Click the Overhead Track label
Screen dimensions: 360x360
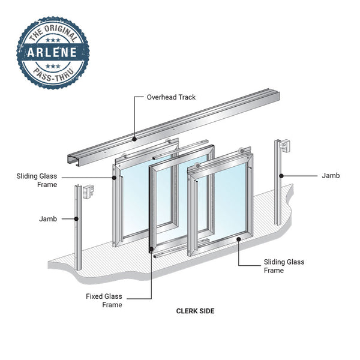tap(171, 97)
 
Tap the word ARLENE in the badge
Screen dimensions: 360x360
tap(52, 52)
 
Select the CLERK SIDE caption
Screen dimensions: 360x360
tap(195, 311)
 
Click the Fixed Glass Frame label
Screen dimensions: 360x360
tap(104, 301)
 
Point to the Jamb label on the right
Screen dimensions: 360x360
tap(331, 176)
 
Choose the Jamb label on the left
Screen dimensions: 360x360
tap(48, 219)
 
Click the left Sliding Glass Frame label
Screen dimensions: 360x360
tap(37, 180)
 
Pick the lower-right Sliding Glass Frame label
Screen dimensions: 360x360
tap(284, 266)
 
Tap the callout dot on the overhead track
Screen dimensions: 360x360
tap(134, 139)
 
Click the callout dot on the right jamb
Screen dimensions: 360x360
tap(281, 176)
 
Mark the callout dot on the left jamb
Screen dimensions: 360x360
tap(76, 219)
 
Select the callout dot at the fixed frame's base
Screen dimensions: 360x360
tap(151, 248)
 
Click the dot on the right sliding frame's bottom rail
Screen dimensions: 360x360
tap(239, 239)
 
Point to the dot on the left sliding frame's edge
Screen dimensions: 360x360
tap(114, 178)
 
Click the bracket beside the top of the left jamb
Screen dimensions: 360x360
tap(89, 191)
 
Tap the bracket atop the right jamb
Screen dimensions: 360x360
tap(284, 145)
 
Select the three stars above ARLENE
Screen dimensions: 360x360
tap(53, 40)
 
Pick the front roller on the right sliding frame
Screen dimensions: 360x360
tap(197, 166)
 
